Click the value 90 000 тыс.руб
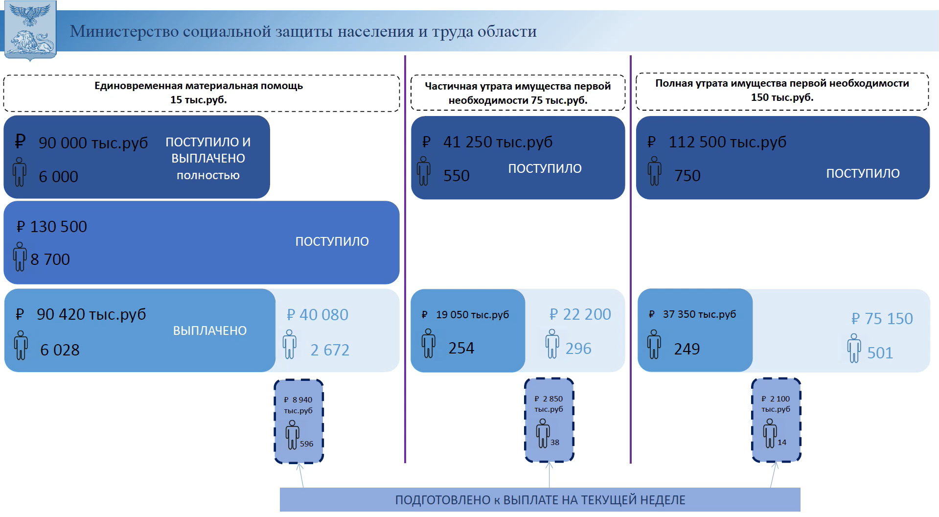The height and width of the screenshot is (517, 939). pyautogui.click(x=93, y=143)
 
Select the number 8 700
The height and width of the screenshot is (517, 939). pyautogui.click(x=50, y=259)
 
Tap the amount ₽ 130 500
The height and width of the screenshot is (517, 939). pyautogui.click(x=52, y=227)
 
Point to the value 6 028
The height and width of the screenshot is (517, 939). pyautogui.click(x=60, y=350)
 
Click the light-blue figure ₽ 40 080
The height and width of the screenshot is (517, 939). pyautogui.click(x=318, y=315)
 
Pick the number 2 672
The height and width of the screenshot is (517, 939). pyautogui.click(x=330, y=350)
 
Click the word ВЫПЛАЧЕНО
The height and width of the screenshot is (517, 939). pyautogui.click(x=210, y=331)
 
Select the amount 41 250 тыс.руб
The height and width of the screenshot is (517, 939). pyautogui.click(x=498, y=142)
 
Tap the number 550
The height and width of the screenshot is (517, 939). pyautogui.click(x=456, y=176)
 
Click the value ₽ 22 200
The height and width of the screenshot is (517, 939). pyautogui.click(x=580, y=314)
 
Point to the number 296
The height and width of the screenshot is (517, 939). pyautogui.click(x=578, y=349)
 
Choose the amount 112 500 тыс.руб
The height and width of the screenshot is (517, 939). pyautogui.click(x=728, y=142)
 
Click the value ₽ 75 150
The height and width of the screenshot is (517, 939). pyautogui.click(x=882, y=319)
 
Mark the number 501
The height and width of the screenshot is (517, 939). pyautogui.click(x=880, y=353)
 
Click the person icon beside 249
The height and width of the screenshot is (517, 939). pyautogui.click(x=654, y=345)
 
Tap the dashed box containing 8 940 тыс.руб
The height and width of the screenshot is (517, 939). pyautogui.click(x=299, y=421)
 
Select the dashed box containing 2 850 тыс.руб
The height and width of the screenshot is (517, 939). pyautogui.click(x=549, y=420)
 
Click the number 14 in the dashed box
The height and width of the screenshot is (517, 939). pyautogui.click(x=782, y=443)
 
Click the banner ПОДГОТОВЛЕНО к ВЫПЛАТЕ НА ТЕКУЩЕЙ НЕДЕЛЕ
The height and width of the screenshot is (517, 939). pyautogui.click(x=540, y=500)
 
